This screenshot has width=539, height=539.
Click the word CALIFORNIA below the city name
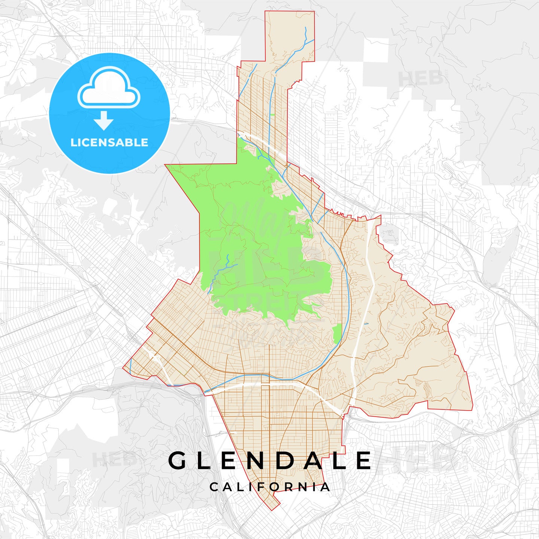coord(269,487)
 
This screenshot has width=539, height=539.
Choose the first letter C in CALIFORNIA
coord(214,487)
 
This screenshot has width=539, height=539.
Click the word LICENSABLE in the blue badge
coord(109,143)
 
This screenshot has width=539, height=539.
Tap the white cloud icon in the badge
coord(109,88)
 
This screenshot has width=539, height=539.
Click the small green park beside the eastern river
coord(337,334)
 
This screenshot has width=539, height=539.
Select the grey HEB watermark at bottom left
coord(112,459)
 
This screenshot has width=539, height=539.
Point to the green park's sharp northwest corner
coord(166,165)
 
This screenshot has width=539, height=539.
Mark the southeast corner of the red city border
coord(472,410)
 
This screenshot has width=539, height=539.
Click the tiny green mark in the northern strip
coord(272,115)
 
